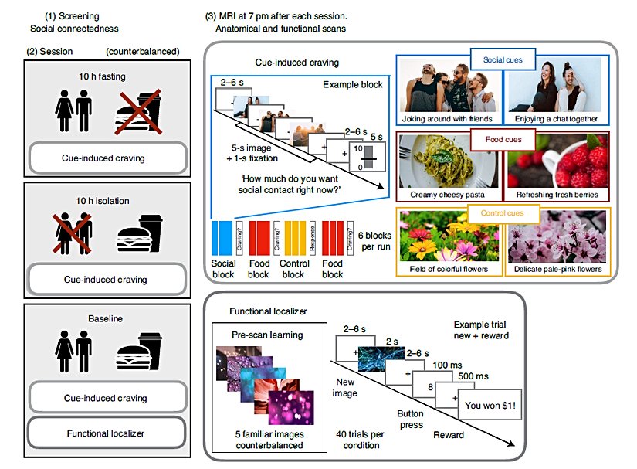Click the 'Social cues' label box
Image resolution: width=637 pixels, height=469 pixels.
tap(500, 59)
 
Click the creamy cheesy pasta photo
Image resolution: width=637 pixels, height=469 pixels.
tap(447, 165)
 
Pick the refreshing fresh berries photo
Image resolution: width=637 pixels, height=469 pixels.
tap(554, 165)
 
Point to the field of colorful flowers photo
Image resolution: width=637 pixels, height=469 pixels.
tap(447, 240)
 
